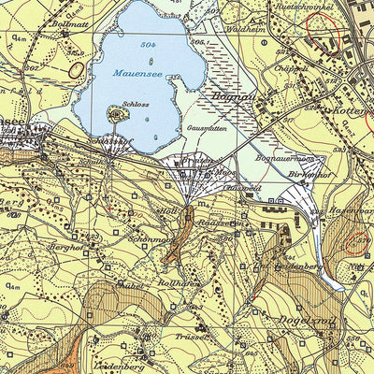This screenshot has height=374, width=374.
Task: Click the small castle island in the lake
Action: (x=118, y=115)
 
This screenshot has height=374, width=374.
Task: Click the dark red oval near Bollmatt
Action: (x=76, y=68)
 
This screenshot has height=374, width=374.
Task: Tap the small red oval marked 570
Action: (x=356, y=244)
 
